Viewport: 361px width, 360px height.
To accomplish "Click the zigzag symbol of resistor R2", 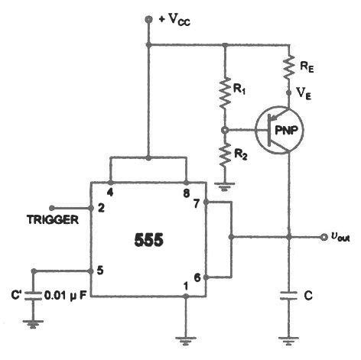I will click(225, 157).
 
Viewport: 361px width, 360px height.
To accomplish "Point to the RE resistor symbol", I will click(290, 67).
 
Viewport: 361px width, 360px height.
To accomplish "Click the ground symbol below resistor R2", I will click(225, 185).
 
